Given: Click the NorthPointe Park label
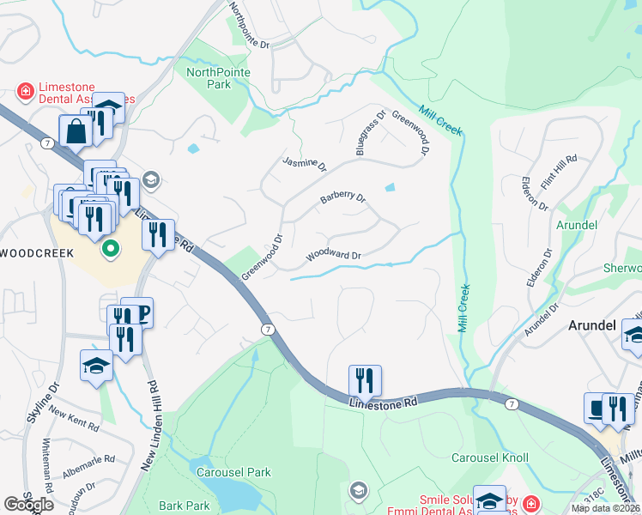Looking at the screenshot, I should pos(219,78).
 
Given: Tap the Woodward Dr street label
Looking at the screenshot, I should pos(334,256).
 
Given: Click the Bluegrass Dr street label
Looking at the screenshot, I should pos(370,133).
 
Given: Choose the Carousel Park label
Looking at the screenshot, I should pos(233,472).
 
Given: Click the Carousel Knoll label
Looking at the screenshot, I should pos(490,458).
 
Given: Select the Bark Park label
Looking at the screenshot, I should pos(185,506).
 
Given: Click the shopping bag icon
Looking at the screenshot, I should pos(76,132).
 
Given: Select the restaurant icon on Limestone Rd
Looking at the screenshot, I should pos(365,380).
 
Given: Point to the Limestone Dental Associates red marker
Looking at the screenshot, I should pos(26,90).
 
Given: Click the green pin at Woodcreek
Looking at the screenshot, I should pos(110,250).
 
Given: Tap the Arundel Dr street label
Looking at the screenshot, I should pos(541,318).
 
